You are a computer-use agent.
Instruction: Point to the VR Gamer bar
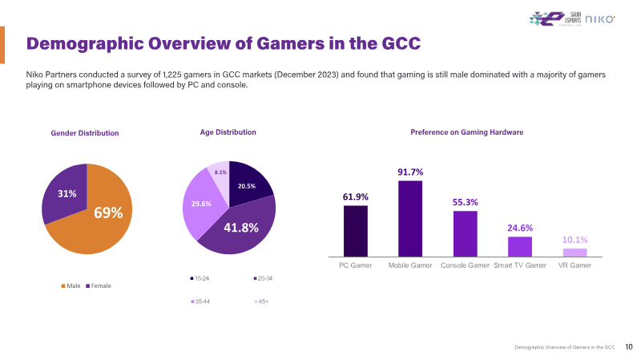coord(574,252)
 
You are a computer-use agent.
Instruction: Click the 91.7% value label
coord(410,172)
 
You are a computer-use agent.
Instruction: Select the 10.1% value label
coord(574,239)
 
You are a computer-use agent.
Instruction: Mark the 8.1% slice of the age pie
coord(220,171)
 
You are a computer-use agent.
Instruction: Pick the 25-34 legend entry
coord(262,278)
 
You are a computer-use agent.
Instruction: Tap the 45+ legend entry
coord(261,301)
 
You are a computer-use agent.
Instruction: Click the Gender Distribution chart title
coord(85,133)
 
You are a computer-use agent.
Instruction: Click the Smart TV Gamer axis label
coord(520,265)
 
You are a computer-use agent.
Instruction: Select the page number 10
coord(628,347)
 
